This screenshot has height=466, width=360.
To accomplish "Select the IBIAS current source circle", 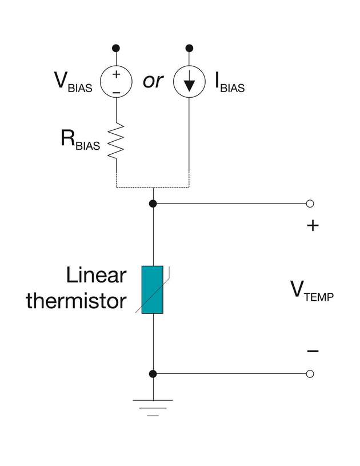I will [189, 82].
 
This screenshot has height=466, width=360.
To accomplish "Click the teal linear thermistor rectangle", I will [153, 290].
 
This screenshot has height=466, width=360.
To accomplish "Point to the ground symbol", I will [153, 407].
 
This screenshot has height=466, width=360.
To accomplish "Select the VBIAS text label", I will [72, 83].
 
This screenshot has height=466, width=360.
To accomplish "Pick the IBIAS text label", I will [229, 83].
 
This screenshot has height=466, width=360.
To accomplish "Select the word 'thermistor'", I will [75, 301].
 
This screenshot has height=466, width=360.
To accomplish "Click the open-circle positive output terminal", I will [310, 204].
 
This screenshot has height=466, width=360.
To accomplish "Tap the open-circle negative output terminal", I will [310, 374].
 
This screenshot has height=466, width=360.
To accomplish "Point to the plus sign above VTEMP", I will [313, 226].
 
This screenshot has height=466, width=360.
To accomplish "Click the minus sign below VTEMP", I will [313, 351].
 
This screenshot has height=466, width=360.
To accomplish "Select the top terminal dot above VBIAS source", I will [116, 47].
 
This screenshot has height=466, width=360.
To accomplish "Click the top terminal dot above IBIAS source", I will [189, 47].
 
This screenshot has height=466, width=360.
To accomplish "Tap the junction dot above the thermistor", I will [153, 204].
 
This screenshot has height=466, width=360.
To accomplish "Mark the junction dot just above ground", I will [153, 374].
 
